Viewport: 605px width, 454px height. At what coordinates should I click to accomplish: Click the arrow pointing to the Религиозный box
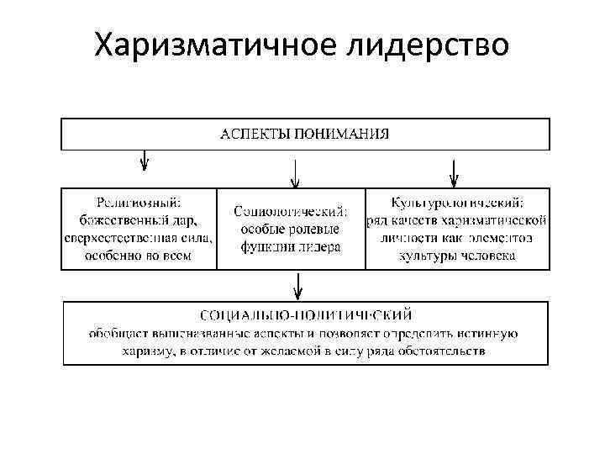(x=145, y=162)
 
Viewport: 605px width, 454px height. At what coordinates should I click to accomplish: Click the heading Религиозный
(x=139, y=203)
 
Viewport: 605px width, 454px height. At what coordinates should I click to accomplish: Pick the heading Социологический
(x=291, y=211)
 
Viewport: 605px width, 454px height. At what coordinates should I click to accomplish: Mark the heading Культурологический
(x=458, y=203)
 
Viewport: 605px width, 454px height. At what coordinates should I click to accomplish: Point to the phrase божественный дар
(x=138, y=220)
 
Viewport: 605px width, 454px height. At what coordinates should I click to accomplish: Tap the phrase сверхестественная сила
(x=139, y=238)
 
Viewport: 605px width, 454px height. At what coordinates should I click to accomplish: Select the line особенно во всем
(x=139, y=256)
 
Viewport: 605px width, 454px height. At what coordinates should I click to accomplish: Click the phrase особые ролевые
(x=291, y=230)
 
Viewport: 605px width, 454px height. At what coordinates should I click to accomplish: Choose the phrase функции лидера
(x=291, y=247)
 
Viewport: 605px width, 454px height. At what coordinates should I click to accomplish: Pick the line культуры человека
(x=458, y=256)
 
